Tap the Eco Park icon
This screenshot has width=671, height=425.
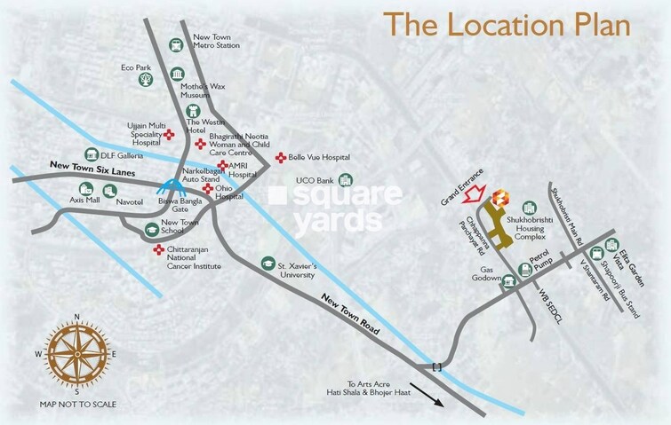point(144,80)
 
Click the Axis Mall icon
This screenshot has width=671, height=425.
point(86,188)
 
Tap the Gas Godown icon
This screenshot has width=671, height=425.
point(509,282)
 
